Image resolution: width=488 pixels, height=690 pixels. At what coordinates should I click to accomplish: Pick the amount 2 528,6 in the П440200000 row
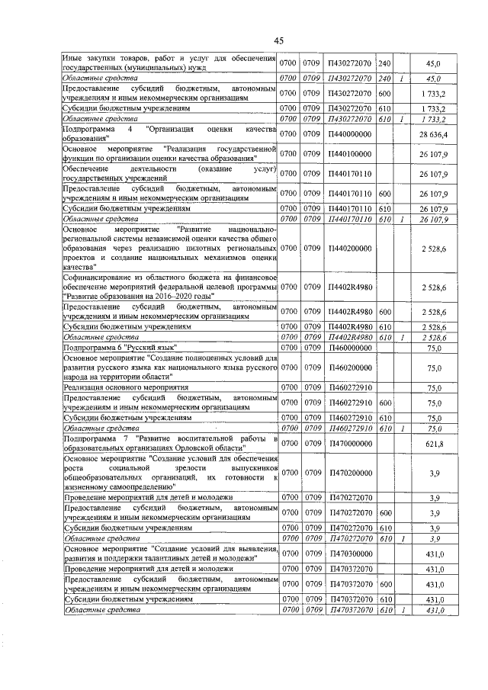(x=434, y=248)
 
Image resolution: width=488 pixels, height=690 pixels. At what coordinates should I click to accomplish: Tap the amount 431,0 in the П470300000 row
(x=434, y=554)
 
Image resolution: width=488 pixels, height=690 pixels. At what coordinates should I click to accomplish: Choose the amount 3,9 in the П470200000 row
(x=434, y=473)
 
